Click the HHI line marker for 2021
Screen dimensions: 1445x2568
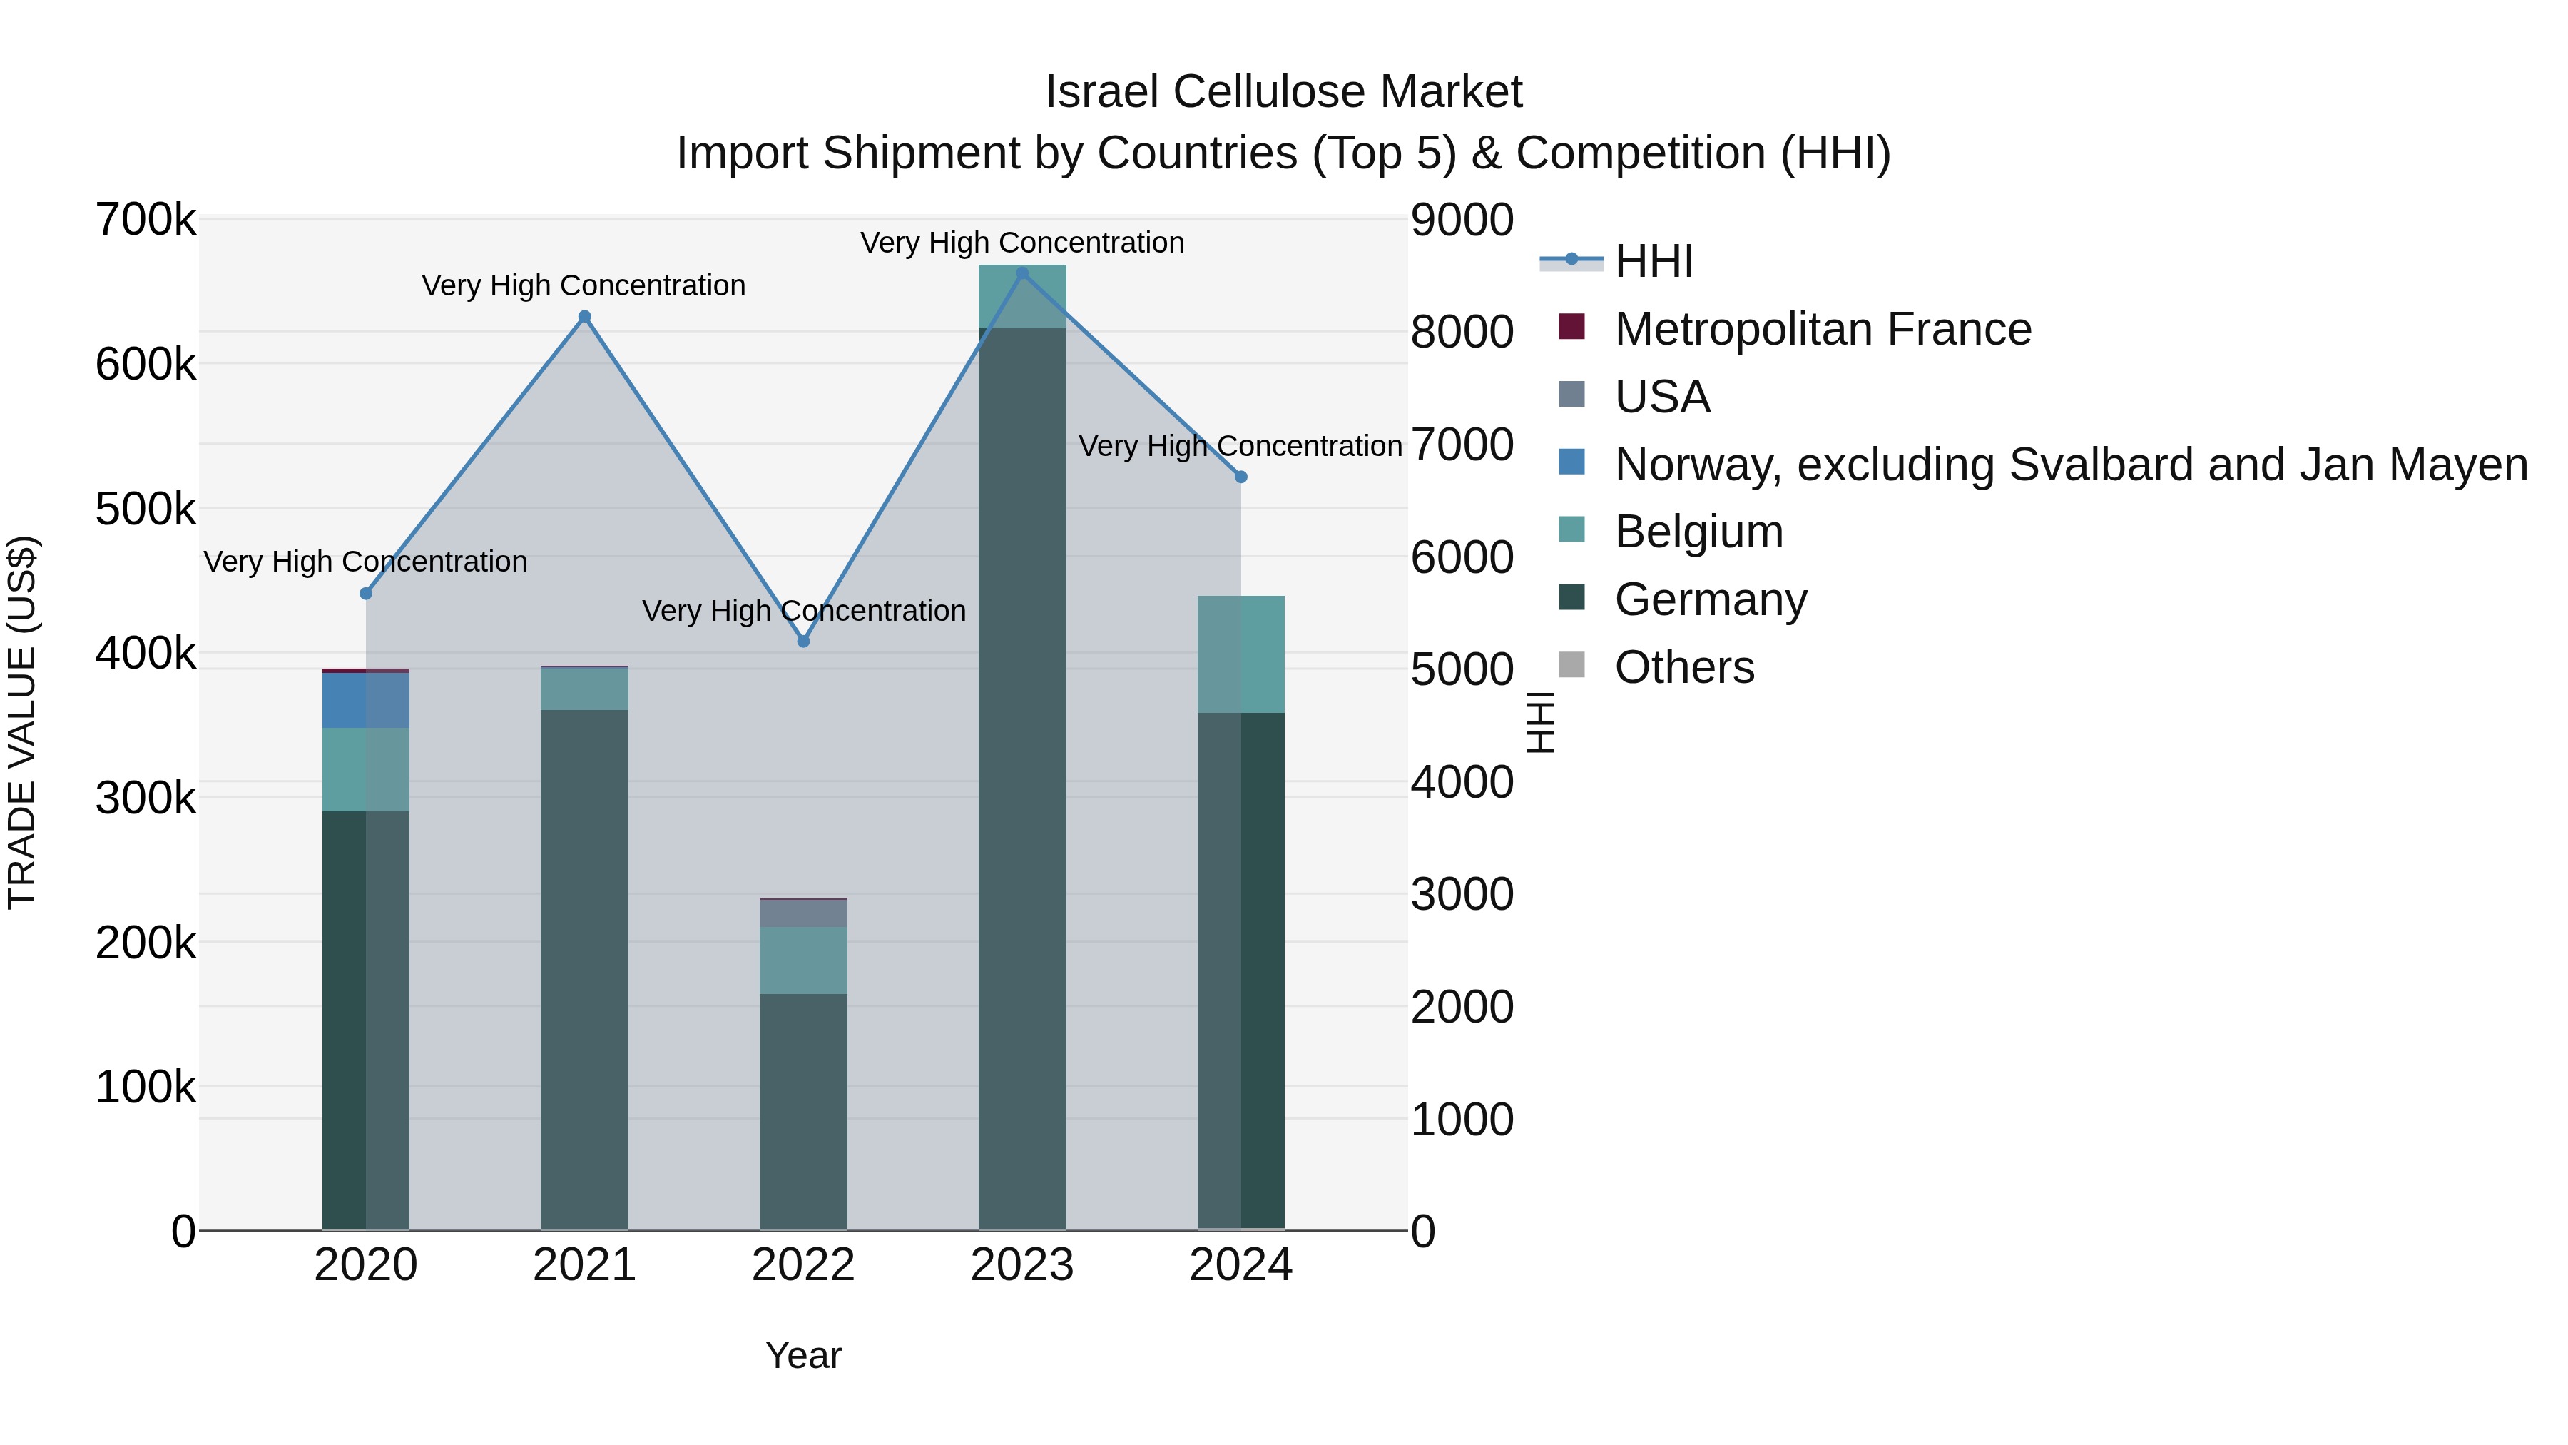[x=584, y=317]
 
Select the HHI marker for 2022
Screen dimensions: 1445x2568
[x=803, y=642]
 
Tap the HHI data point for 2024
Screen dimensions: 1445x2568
[x=1241, y=477]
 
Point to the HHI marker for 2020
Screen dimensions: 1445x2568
[x=366, y=594]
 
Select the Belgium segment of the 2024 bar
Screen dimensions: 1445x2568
[x=1241, y=654]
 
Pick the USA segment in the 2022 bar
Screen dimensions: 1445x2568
[x=803, y=913]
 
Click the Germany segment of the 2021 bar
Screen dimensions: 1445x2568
[x=584, y=968]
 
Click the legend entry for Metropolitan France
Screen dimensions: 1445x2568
[x=1823, y=329]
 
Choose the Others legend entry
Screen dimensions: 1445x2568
[x=1683, y=667]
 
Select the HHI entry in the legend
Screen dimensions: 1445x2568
[x=1653, y=261]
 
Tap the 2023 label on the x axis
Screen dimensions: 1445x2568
[x=1021, y=1265]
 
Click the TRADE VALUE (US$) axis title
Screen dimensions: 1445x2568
[x=22, y=722]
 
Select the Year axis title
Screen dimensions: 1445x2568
[x=802, y=1355]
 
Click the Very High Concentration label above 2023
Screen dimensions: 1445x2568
[x=1021, y=243]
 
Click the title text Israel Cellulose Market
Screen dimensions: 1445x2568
[x=1283, y=92]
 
